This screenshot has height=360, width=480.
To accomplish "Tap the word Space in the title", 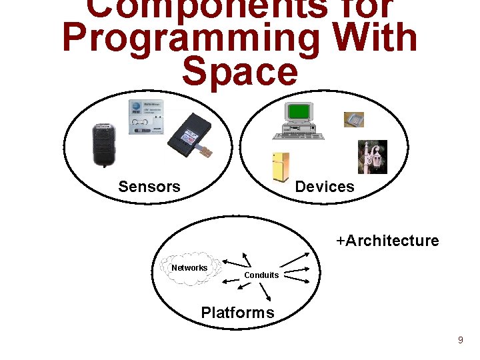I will (x=239, y=72).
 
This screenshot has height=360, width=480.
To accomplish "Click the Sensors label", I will (x=149, y=187).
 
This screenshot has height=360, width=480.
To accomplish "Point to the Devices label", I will (x=325, y=187).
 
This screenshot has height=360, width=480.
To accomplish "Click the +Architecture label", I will (x=387, y=241).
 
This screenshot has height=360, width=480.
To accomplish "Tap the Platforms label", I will (x=237, y=313).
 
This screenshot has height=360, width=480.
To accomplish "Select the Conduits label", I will (x=261, y=275).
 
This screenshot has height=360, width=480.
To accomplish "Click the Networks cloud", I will (x=190, y=268).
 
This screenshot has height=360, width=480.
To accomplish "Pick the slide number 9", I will (x=460, y=341).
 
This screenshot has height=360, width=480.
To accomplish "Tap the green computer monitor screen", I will (x=299, y=112).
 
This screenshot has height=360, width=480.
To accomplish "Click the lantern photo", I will (x=372, y=157).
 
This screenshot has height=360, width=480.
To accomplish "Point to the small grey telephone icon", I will (x=353, y=120).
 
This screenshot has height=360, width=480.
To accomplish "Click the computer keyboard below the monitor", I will (x=297, y=136).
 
